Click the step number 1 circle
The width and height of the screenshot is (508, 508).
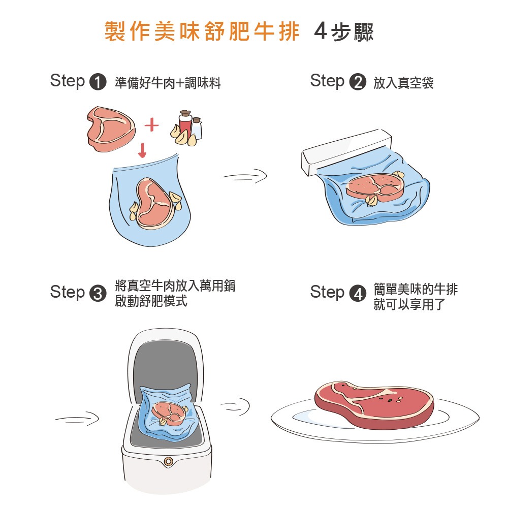coord(98,82)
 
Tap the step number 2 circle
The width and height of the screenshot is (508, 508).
coord(358,82)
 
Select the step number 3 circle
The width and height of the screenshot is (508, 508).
coord(98,294)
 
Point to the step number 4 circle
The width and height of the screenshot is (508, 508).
coord(358,294)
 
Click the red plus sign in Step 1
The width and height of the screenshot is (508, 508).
coord(151,125)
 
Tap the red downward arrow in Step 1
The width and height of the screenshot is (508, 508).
coord(142,150)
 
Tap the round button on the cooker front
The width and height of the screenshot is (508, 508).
coord(167,461)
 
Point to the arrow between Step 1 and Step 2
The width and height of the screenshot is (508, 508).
coord(245,176)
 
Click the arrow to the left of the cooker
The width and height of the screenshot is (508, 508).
coord(77,419)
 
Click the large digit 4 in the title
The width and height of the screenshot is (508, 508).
coord(320,32)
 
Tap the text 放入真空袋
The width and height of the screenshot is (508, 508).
coord(403,83)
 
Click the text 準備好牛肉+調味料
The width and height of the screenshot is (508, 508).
coord(168,83)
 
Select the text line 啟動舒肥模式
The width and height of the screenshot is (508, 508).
coord(151,301)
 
